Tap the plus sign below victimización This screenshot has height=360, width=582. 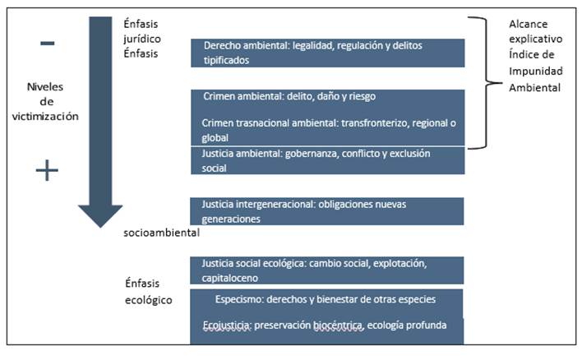coord(48,170)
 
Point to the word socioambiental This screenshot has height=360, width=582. coord(162,233)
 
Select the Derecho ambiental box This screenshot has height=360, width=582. coord(327,53)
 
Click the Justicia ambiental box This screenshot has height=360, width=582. coord(327,161)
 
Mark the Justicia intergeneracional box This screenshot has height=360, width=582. coord(327,211)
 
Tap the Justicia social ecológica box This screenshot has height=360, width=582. coord(327,270)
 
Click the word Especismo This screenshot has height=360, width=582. coord(239,298)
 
